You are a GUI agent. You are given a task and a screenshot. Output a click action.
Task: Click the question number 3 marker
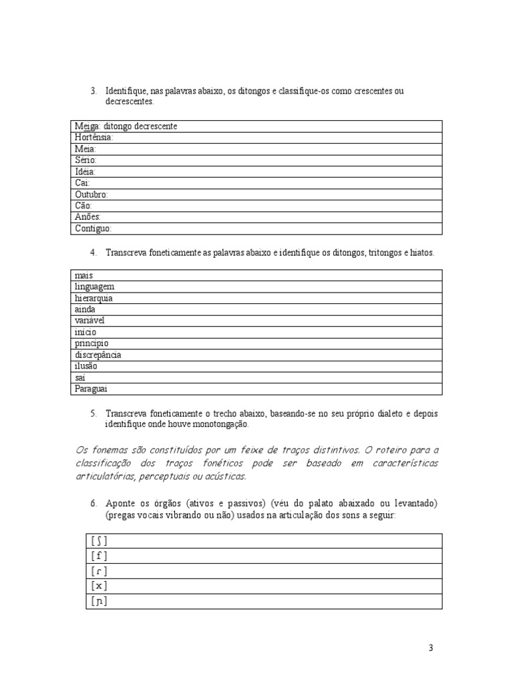(94, 91)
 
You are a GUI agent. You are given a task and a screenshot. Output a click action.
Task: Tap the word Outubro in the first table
(92, 194)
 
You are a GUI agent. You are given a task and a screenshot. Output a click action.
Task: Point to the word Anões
(88, 217)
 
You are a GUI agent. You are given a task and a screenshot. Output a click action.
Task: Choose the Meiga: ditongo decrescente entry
(126, 126)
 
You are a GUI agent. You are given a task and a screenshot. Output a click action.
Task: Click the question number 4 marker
(94, 253)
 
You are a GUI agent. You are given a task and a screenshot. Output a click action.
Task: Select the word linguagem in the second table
(95, 287)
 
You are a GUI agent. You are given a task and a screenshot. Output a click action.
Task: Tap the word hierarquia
(94, 298)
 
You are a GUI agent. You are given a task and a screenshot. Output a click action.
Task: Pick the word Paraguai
(92, 389)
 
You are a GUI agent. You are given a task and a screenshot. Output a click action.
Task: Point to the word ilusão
(87, 366)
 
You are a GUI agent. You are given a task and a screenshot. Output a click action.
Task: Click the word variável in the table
(90, 321)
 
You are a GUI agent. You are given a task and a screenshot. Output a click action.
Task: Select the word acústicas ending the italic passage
(225, 476)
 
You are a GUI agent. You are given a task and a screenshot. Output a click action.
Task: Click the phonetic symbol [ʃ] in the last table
(98, 541)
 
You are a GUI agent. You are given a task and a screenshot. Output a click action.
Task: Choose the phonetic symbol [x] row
(98, 586)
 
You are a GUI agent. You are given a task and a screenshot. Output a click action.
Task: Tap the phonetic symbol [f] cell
(98, 556)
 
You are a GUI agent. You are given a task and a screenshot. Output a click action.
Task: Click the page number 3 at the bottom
(431, 648)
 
